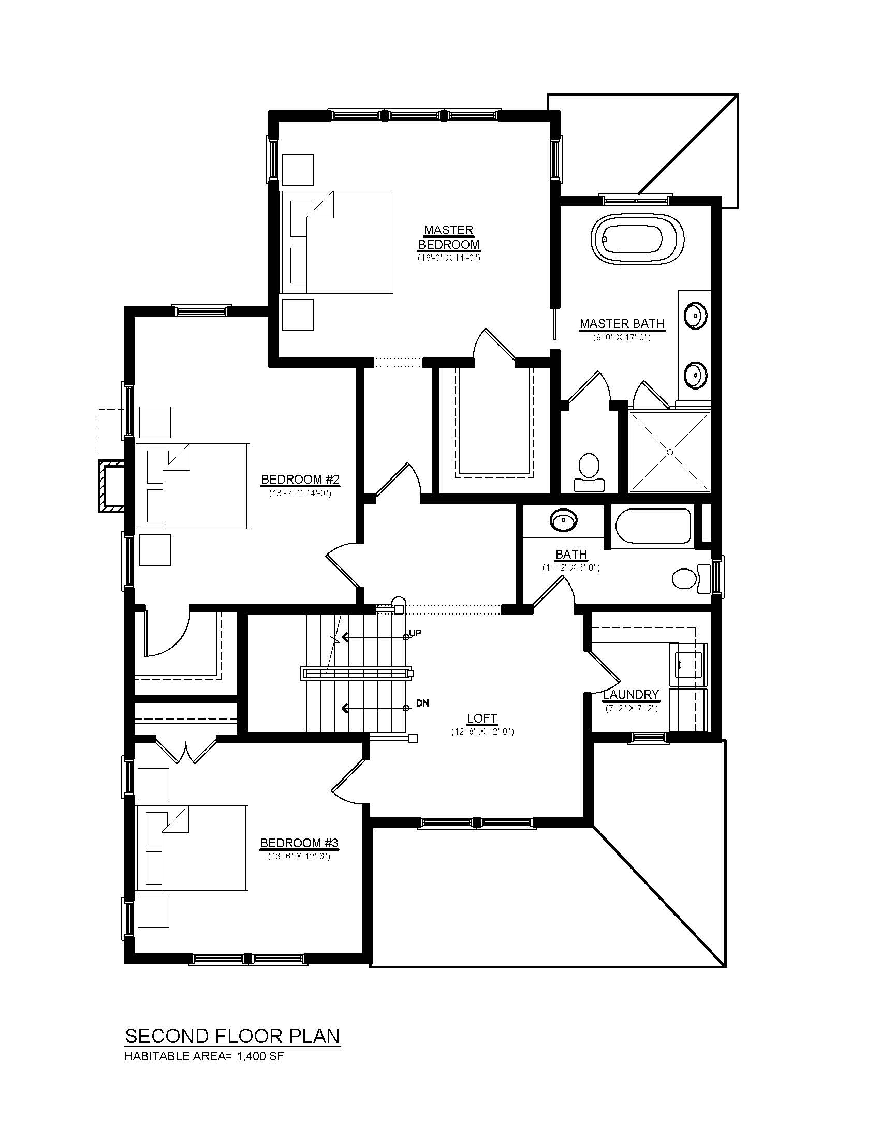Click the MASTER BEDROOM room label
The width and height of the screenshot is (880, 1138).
pos(448,237)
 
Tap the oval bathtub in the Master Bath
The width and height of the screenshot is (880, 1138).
pos(637,241)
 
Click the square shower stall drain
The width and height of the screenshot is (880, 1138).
pos(670,452)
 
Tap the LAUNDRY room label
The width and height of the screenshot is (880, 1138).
pos(631,695)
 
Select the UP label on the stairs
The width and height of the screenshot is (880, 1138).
pos(416,633)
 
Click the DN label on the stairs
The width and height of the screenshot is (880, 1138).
pos(422,703)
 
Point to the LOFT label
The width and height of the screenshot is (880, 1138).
pos(482,719)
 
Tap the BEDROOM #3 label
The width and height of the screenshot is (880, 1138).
pos(299,843)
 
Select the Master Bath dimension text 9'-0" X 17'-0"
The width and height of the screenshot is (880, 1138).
pos(622,337)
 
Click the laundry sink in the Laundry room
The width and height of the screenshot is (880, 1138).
pos(688,661)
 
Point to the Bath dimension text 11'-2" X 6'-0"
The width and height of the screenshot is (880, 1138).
pos(571,567)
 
